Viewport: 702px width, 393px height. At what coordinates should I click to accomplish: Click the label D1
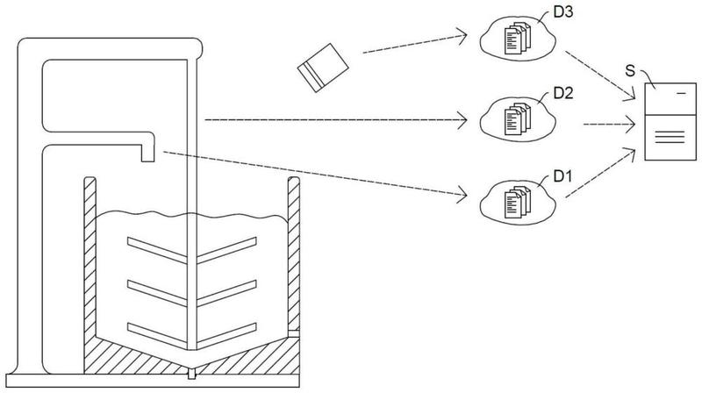562,175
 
